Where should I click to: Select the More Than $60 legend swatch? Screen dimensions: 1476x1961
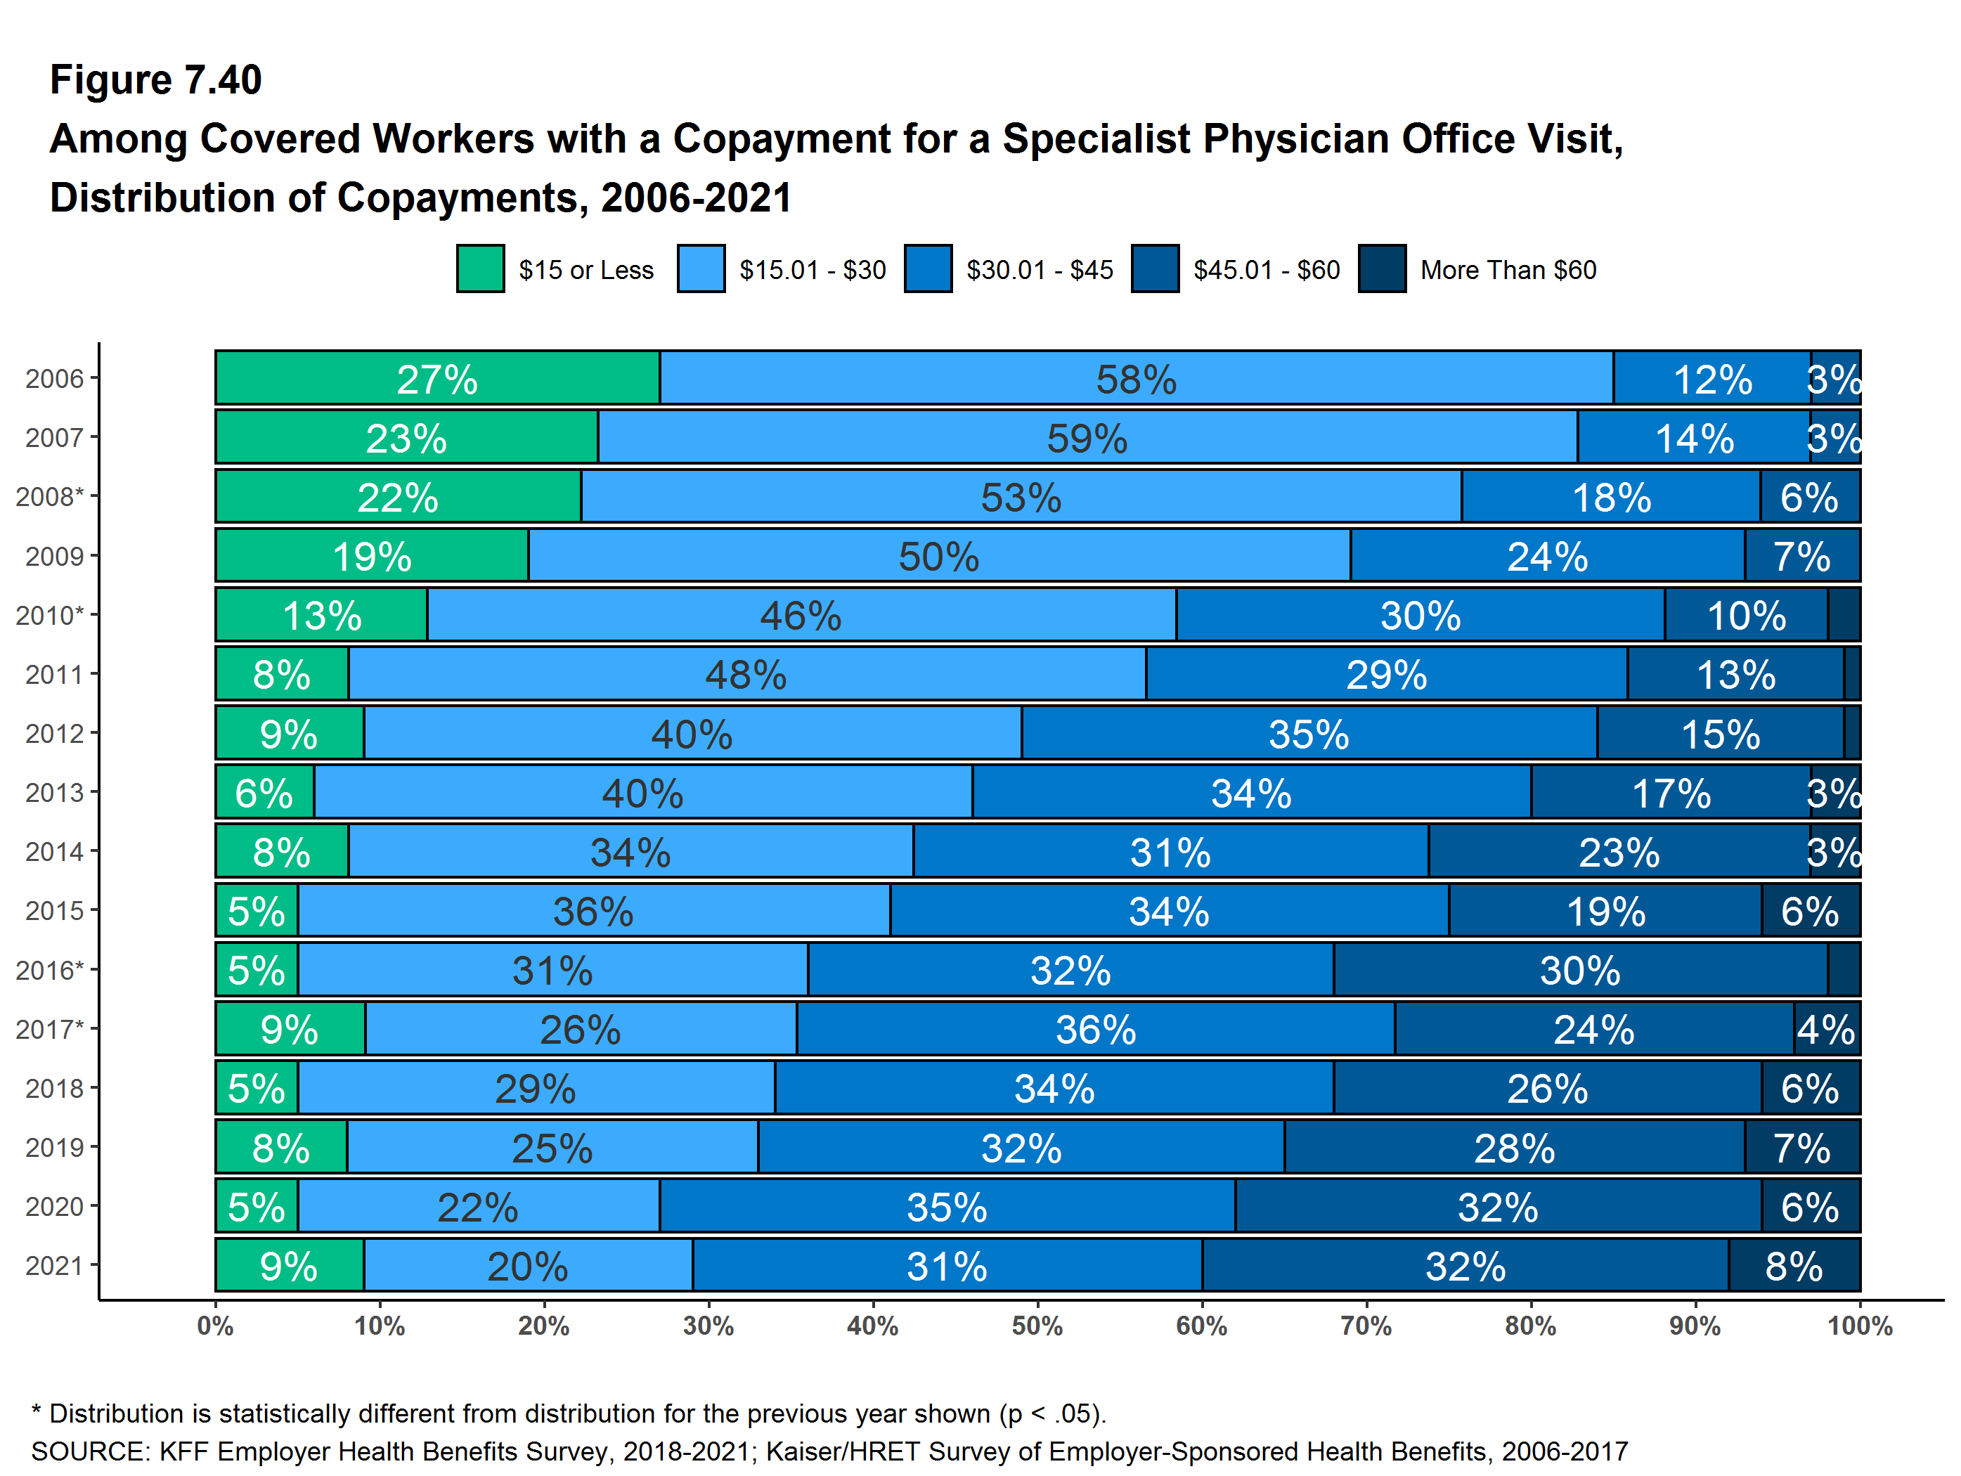[1381, 268]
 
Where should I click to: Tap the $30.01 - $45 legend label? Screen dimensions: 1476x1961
[1039, 269]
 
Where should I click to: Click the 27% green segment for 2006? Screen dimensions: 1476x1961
[437, 379]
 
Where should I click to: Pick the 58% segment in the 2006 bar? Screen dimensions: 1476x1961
[1136, 379]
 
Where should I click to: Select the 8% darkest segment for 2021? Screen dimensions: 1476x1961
[1794, 1266]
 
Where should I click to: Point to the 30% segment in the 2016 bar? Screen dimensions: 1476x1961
[1580, 970]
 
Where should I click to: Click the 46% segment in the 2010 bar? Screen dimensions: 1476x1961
[801, 615]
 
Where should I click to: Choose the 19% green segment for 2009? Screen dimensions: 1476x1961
[371, 556]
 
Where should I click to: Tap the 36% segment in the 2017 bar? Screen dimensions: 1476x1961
[1095, 1029]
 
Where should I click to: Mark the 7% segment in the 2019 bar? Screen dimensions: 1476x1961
[1801, 1148]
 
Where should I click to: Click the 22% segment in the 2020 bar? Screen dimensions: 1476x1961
[478, 1207]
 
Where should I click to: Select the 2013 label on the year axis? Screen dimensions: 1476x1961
[54, 793]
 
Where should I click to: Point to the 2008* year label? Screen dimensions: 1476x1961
[48, 496]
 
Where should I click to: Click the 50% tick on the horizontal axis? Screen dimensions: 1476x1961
[1037, 1326]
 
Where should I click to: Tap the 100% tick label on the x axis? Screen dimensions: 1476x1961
[1859, 1326]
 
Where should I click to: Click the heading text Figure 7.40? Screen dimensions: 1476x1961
[156, 80]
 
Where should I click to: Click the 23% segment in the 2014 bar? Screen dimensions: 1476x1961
[1618, 852]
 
